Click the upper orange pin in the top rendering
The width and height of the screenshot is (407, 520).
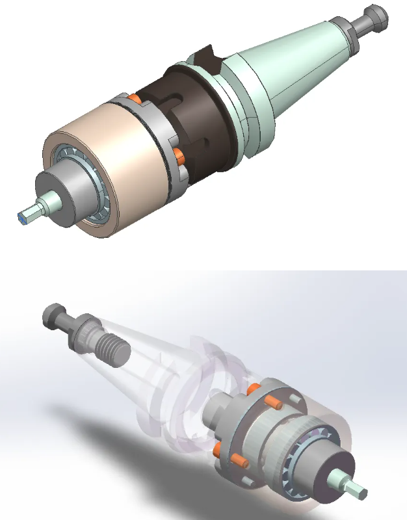(135, 98)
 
